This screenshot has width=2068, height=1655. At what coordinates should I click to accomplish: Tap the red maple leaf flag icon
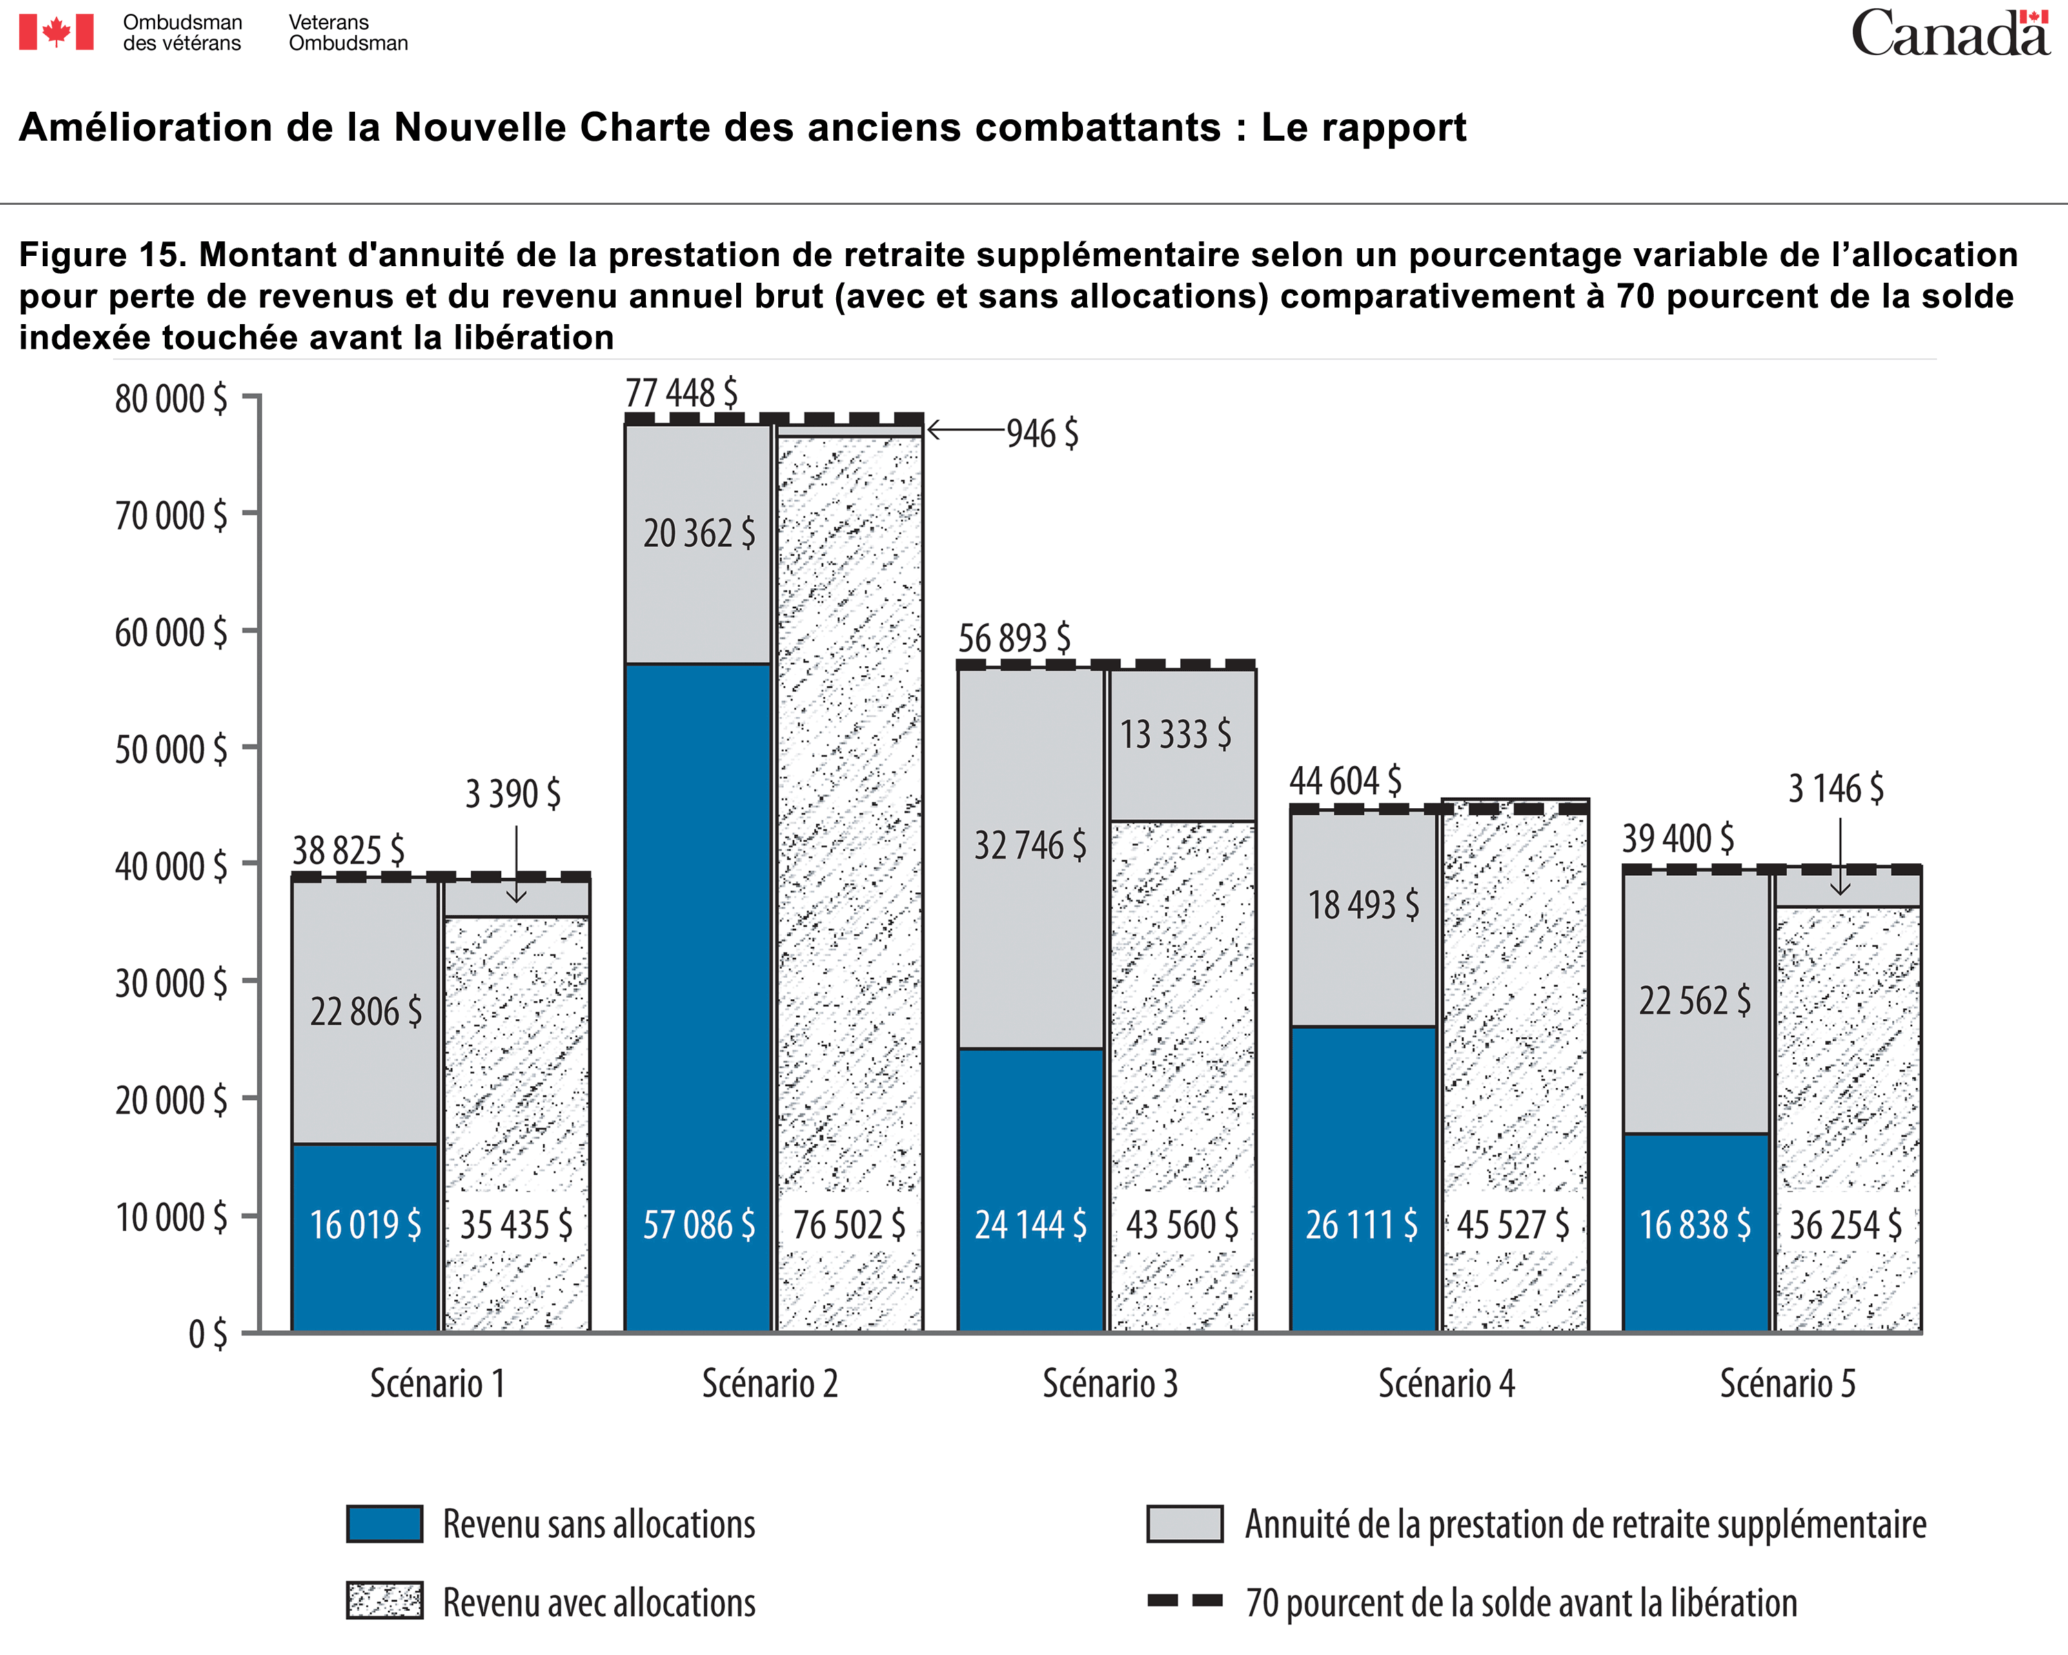[57, 32]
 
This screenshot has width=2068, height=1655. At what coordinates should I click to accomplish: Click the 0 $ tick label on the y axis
[208, 1334]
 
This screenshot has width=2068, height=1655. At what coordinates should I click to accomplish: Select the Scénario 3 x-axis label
[1110, 1383]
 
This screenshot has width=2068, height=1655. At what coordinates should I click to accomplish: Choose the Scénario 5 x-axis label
[1787, 1383]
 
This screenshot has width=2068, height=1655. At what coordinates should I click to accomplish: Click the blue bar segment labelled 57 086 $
[698, 997]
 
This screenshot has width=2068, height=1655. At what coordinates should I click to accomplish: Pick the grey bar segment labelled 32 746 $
[1031, 858]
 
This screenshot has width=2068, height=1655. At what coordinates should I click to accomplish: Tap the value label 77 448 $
[681, 393]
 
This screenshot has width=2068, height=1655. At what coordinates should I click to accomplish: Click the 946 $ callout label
[1043, 434]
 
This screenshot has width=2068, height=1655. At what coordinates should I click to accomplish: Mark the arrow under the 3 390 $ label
[516, 863]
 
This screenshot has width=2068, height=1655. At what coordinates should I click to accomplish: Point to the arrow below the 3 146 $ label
[1840, 856]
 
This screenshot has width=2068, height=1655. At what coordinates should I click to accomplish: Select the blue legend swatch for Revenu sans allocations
[385, 1523]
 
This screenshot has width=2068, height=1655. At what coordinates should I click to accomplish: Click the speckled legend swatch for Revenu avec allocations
[385, 1601]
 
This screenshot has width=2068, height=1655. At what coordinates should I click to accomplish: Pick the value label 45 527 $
[1514, 1225]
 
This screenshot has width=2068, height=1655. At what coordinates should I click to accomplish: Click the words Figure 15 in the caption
[101, 255]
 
